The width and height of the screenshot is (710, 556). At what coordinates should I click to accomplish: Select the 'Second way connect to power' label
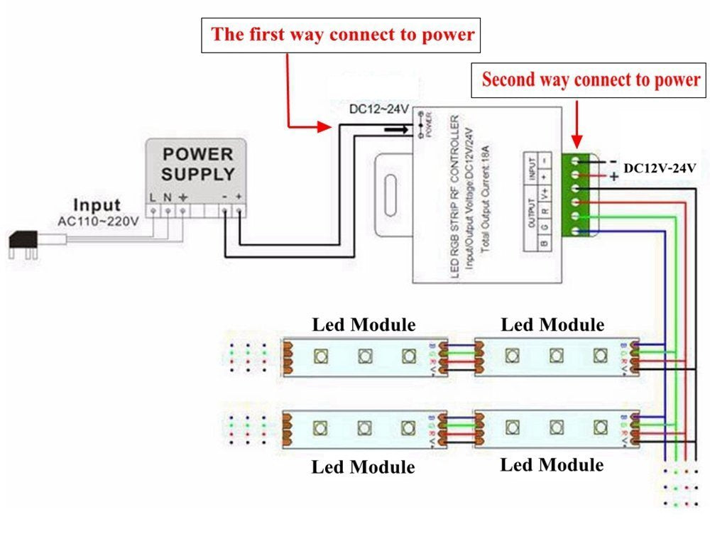tap(591, 80)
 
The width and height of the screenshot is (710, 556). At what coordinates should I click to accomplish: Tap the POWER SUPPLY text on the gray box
tap(197, 164)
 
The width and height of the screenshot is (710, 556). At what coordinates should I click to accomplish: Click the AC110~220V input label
tap(98, 221)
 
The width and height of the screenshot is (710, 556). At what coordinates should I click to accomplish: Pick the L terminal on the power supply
tap(152, 209)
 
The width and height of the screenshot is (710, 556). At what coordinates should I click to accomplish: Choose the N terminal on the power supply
tap(168, 209)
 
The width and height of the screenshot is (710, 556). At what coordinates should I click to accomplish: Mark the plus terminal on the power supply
tap(241, 210)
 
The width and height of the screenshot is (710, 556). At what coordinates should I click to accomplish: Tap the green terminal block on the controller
tap(581, 195)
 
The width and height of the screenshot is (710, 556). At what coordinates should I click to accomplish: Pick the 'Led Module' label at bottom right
tap(552, 465)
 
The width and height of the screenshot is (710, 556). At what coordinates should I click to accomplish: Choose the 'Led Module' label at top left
tap(364, 325)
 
